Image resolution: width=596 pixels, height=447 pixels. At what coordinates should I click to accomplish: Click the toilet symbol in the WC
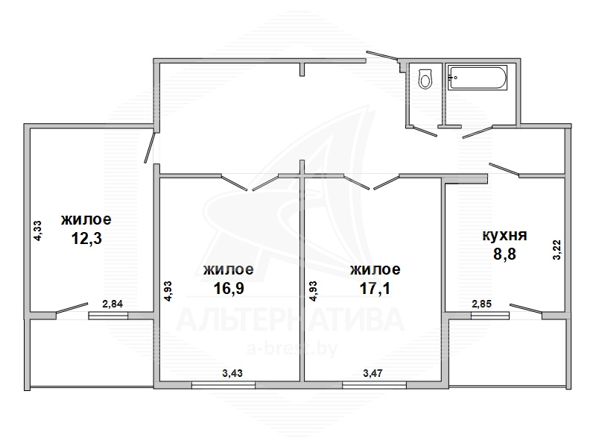(x=425, y=78)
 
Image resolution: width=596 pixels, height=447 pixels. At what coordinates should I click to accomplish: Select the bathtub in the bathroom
(x=478, y=78)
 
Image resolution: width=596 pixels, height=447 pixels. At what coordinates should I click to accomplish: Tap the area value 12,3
(x=86, y=239)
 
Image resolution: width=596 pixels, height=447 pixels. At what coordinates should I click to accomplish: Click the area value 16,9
(x=229, y=288)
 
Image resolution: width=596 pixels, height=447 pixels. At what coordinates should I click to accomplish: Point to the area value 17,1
(x=375, y=288)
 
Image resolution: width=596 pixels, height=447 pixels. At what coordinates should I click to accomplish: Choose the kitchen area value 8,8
(x=504, y=254)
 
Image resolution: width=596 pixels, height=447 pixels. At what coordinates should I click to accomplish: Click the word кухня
(x=505, y=235)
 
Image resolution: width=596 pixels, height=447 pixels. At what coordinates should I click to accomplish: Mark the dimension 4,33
(x=38, y=231)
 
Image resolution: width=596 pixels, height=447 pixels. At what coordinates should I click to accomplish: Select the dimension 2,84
(x=112, y=304)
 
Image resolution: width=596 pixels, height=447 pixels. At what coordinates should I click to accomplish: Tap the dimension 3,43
(x=232, y=373)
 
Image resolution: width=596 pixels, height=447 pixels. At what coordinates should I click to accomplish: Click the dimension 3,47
(x=373, y=373)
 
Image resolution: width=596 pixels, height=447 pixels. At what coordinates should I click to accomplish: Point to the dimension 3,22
(x=557, y=250)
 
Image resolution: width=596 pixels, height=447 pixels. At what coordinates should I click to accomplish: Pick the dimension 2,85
(x=481, y=304)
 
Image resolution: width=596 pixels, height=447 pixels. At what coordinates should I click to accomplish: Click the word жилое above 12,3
(x=86, y=219)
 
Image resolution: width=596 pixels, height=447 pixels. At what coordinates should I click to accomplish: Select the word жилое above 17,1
(x=375, y=269)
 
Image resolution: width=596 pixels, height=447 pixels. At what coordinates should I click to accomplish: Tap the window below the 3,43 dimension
(x=223, y=385)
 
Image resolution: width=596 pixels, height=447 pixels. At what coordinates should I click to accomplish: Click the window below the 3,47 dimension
(x=374, y=385)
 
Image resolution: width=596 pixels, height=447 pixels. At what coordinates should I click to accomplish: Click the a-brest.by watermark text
(x=292, y=348)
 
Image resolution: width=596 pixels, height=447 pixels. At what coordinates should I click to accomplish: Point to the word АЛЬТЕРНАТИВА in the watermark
(x=290, y=320)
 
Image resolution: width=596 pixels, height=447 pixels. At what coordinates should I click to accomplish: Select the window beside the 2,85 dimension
(x=490, y=316)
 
